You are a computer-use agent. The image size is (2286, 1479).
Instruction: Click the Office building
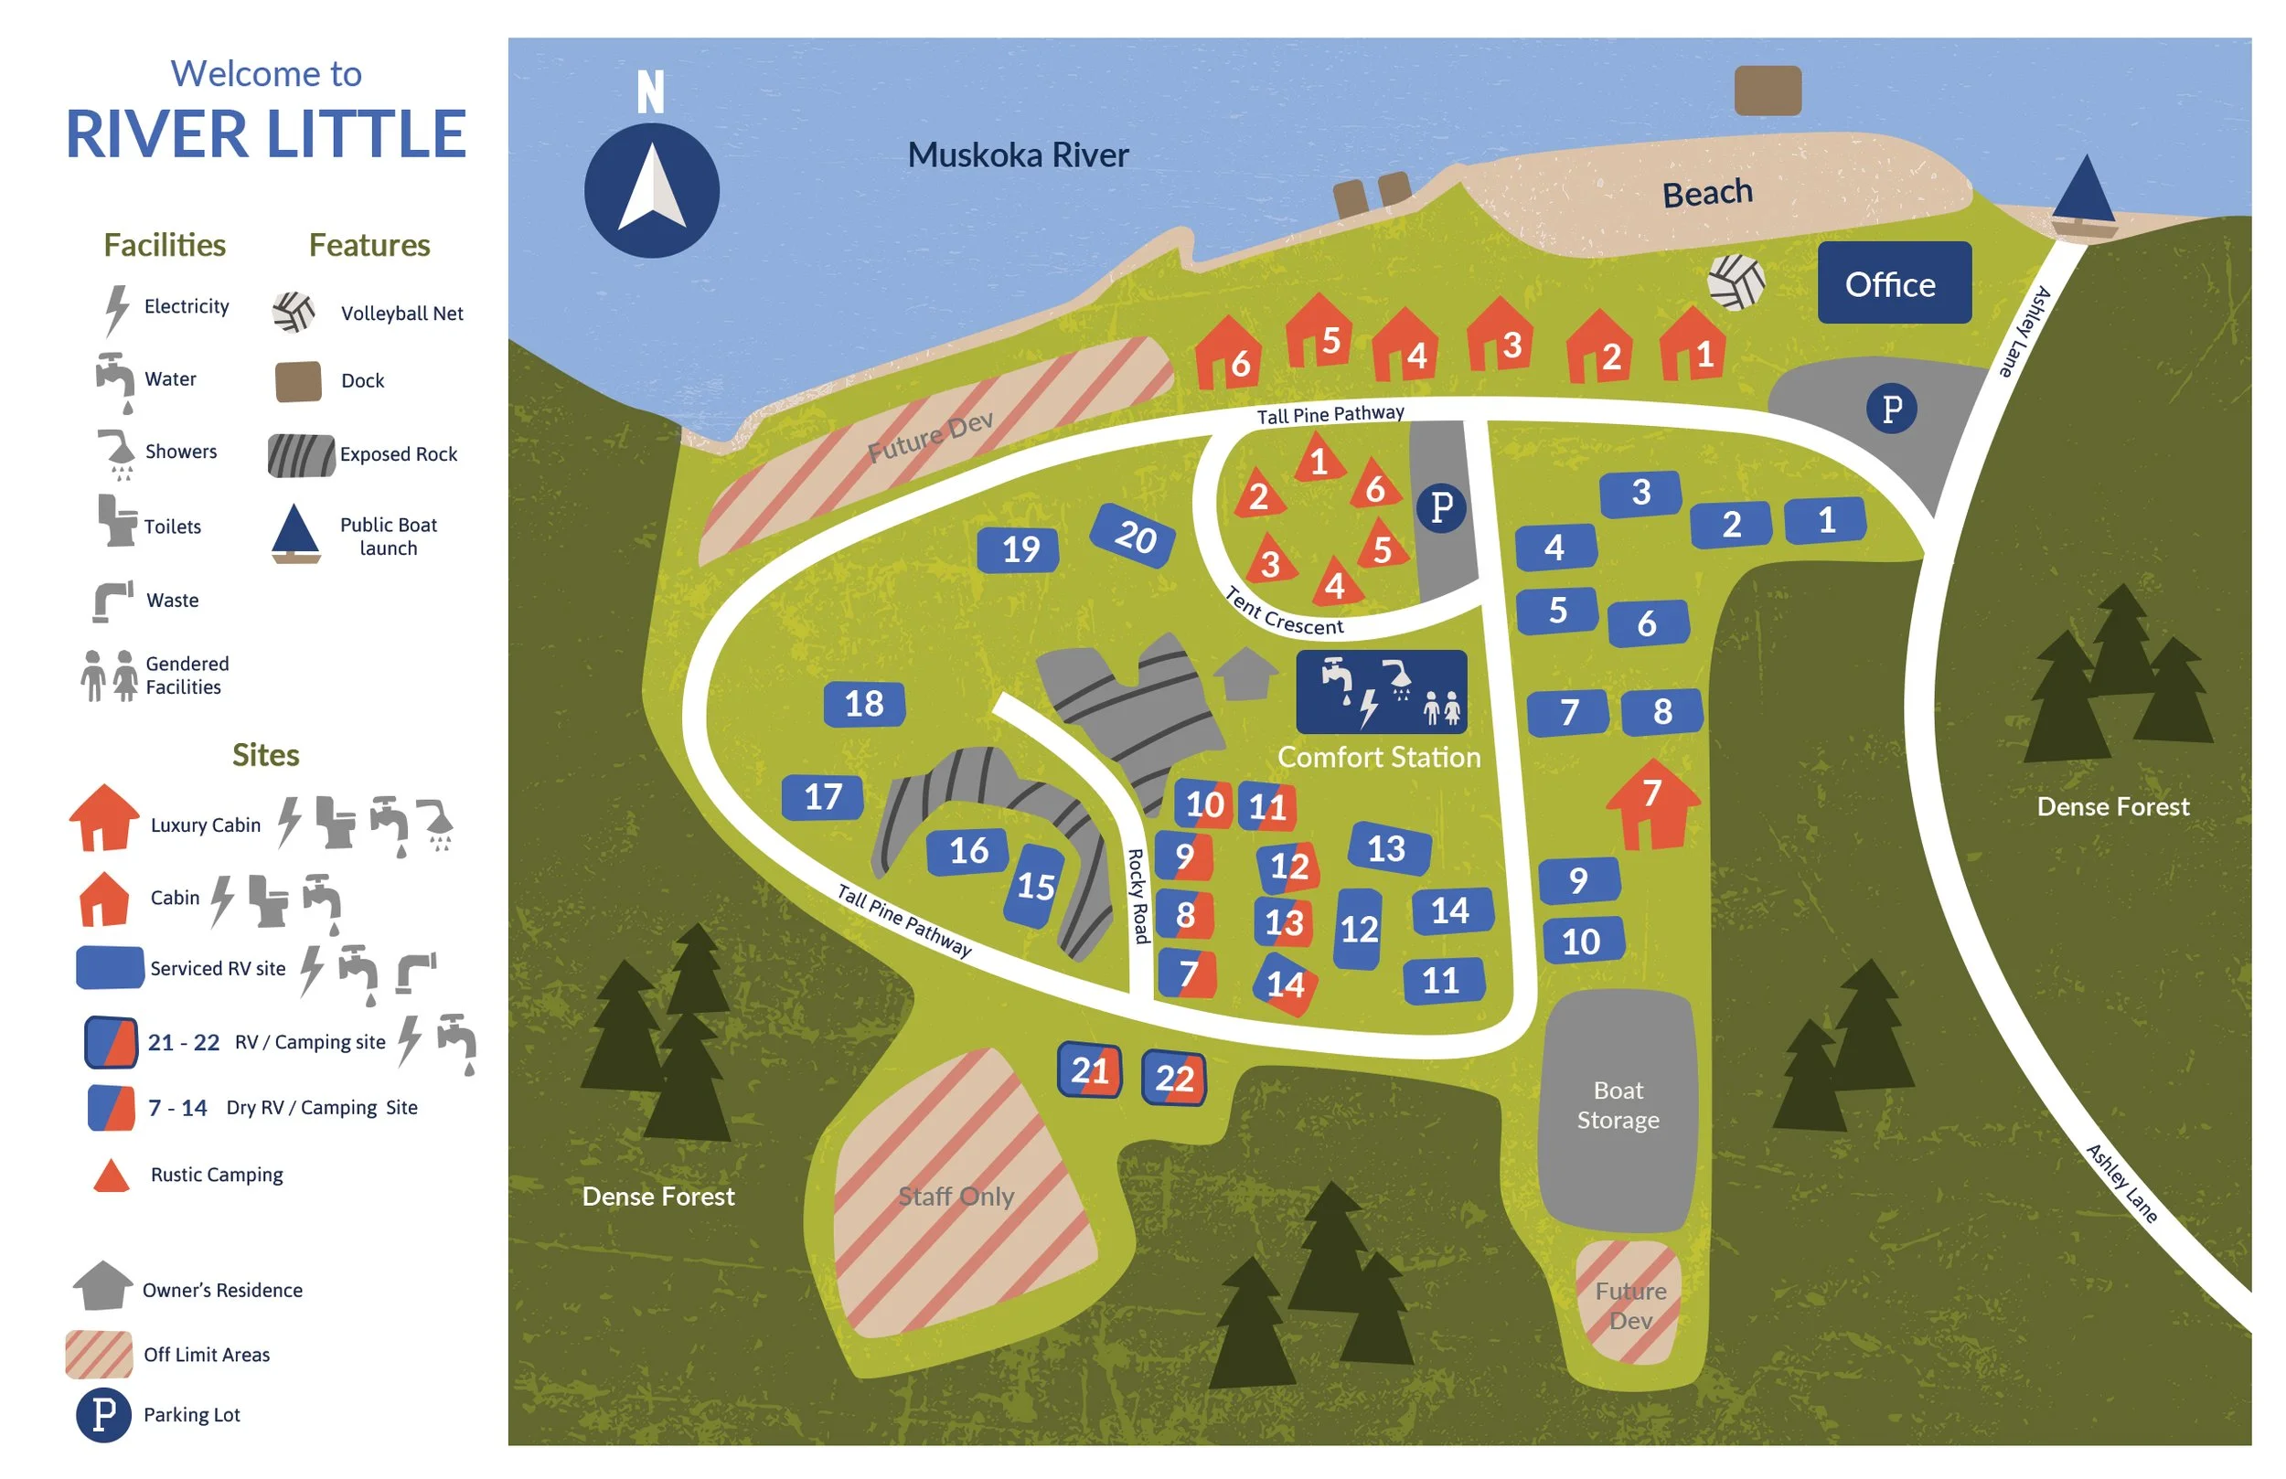point(1893,283)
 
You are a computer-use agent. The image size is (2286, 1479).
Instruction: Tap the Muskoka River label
point(1017,155)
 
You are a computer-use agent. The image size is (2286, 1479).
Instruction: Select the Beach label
point(1707,193)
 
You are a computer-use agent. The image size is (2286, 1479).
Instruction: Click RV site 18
point(863,704)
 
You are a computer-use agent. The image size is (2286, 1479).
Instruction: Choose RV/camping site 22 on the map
point(1174,1077)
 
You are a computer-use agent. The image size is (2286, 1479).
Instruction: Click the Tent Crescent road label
point(1284,612)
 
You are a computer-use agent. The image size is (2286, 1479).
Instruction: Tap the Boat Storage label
point(1618,1104)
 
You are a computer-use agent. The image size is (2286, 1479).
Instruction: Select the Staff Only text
point(956,1196)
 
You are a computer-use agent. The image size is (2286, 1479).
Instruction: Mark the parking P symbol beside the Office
point(1891,410)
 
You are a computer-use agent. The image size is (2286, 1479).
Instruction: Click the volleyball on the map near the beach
point(1736,282)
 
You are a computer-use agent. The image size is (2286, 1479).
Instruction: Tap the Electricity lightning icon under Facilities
point(116,309)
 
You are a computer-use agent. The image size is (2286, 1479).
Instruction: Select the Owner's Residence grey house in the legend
point(101,1285)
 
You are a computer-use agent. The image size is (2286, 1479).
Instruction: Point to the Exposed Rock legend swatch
point(301,455)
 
